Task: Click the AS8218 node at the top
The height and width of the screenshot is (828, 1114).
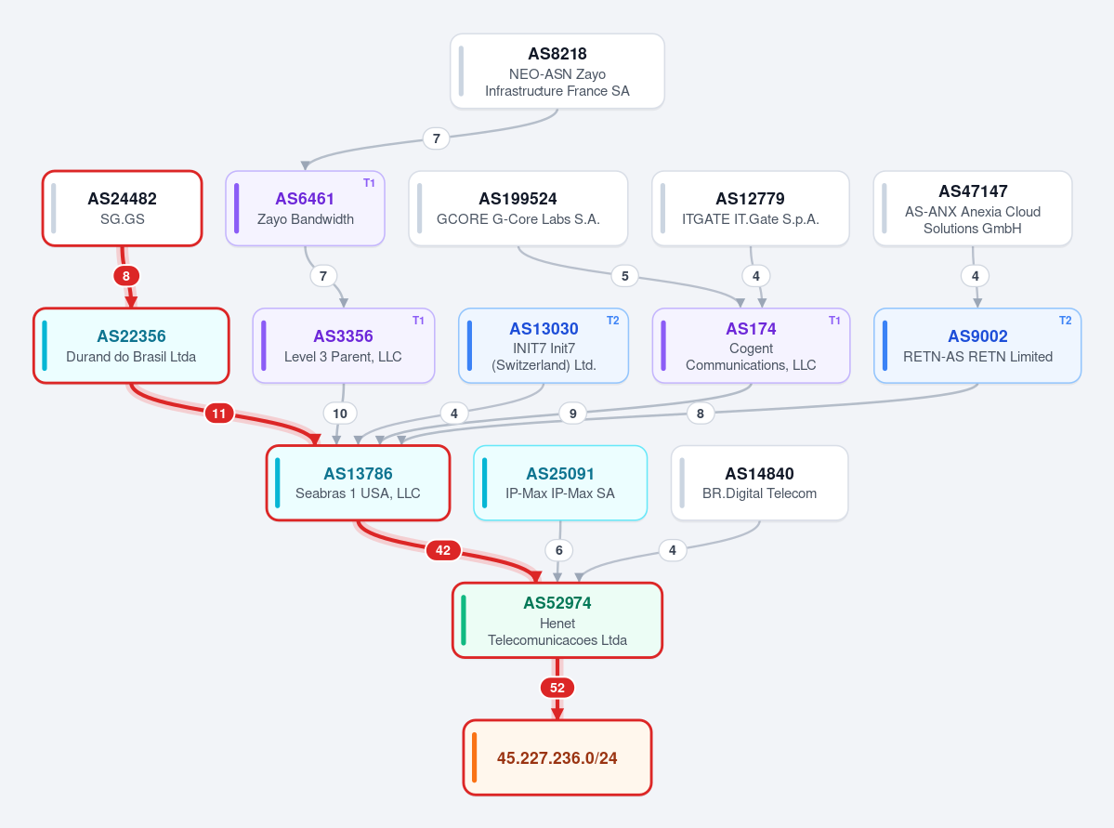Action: pyautogui.click(x=557, y=71)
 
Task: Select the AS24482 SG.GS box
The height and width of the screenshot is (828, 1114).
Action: pyautogui.click(x=123, y=208)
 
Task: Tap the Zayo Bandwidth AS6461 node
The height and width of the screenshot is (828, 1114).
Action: pyautogui.click(x=305, y=208)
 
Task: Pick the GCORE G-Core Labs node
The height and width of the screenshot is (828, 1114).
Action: pyautogui.click(x=518, y=208)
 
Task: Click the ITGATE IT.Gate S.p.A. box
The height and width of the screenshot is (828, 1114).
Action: pyautogui.click(x=750, y=208)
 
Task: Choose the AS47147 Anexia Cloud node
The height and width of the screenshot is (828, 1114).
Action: pyautogui.click(x=973, y=208)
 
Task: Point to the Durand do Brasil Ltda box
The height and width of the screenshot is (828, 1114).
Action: pyautogui.click(x=131, y=346)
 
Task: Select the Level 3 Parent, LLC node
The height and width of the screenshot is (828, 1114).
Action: pyautogui.click(x=343, y=346)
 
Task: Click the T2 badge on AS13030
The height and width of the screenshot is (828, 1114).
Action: pyautogui.click(x=612, y=321)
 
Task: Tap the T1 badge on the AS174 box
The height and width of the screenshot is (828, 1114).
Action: pyautogui.click(x=834, y=321)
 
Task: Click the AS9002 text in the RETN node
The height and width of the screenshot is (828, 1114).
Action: pyautogui.click(x=977, y=336)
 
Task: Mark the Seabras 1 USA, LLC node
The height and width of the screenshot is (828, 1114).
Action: pyautogui.click(x=358, y=482)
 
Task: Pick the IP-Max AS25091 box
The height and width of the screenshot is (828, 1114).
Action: pyautogui.click(x=560, y=482)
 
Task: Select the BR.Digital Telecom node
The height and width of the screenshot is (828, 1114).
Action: pyautogui.click(x=759, y=482)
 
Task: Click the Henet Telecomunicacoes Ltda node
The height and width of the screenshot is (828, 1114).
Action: pyautogui.click(x=557, y=621)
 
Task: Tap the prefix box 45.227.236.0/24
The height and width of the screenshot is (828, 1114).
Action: pyautogui.click(x=557, y=757)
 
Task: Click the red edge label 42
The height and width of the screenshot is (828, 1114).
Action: pyautogui.click(x=442, y=550)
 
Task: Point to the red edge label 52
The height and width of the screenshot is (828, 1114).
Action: pyautogui.click(x=557, y=688)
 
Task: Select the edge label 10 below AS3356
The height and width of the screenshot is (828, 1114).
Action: pyautogui.click(x=340, y=413)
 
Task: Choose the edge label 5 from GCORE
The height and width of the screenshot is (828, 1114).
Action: pyautogui.click(x=624, y=276)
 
